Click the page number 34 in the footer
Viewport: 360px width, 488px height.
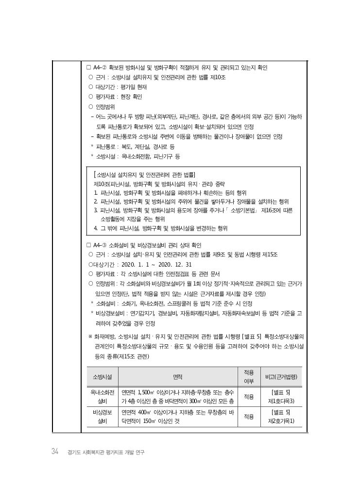pos(55,452)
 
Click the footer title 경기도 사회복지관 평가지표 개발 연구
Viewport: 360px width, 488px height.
pos(106,452)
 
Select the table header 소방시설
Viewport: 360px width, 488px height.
pos(102,376)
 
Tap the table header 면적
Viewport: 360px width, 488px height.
pos(178,376)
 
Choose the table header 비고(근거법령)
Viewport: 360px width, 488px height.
pos(281,376)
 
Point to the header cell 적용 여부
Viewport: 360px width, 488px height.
pos(249,376)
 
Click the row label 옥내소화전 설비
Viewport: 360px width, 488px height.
pos(102,396)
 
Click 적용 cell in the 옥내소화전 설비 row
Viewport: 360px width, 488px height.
pos(249,396)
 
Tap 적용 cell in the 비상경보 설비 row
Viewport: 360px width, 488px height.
pos(249,417)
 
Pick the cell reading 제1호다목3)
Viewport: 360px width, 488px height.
pos(281,401)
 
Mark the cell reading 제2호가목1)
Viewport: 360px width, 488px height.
pos(281,421)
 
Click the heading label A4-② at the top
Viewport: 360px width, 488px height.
pos(100,67)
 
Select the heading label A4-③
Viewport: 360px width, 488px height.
pos(100,245)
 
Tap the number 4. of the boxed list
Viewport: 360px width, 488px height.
pos(96,228)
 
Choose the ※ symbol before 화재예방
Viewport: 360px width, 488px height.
pos(90,336)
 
